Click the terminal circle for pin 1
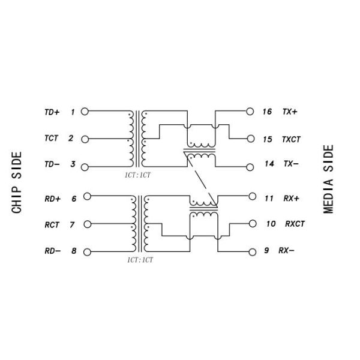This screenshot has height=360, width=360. tap(85, 112)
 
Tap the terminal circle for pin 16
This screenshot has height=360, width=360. tap(250, 112)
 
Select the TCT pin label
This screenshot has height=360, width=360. tap(52, 138)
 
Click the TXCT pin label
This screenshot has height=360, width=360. tap(291, 139)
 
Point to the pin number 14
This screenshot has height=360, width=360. tap(269, 164)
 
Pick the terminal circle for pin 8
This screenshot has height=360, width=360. tap(87, 252)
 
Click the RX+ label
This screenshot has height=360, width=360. tap(292, 198)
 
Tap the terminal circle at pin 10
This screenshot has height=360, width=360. tap(253, 224)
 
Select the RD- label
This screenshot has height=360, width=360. tap(53, 251)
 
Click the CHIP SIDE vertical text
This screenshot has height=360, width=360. tap(17, 182)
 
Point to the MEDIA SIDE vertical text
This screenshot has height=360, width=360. tap(328, 179)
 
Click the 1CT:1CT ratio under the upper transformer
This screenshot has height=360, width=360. tap(137, 175)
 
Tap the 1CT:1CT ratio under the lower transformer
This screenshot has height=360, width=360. tap(140, 260)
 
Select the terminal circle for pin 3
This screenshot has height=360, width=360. tap(85, 167)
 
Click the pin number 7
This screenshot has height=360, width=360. tap(72, 224)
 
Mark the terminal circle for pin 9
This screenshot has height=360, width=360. tap(253, 252)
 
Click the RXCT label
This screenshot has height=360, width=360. tap(295, 224)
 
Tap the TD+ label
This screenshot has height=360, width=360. tap(52, 112)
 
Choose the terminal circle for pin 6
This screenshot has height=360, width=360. tap(87, 196)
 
